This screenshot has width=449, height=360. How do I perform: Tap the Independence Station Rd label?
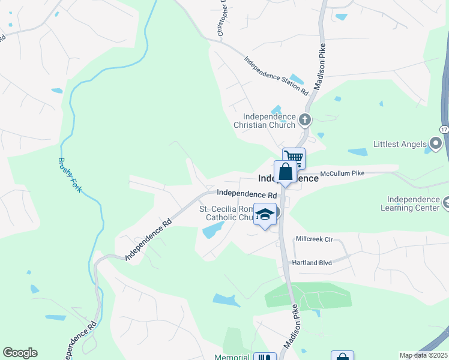point(276,76)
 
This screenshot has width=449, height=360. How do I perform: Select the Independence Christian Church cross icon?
point(305,120)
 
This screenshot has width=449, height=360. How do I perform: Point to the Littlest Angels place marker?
point(436,144)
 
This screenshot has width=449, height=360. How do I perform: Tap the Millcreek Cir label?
point(314,238)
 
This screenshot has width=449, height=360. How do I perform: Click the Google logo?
point(20,353)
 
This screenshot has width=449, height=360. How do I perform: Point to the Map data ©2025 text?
point(423,355)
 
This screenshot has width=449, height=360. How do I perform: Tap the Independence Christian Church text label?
point(269,121)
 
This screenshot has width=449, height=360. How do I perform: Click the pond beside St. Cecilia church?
point(213,230)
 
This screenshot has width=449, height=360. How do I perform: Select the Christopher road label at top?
point(221,18)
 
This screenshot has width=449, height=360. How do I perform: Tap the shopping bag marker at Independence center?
point(285,172)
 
